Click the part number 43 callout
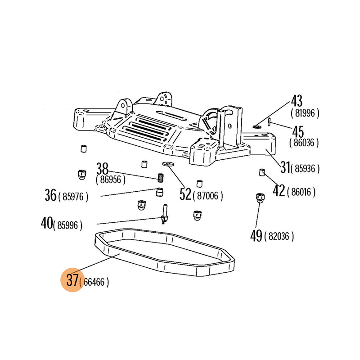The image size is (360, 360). coord(297,101)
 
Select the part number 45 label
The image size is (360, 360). coord(299,132)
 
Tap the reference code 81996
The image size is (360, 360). coord(305,114)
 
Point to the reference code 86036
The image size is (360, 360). coord(304,144)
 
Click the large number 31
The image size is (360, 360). coord(284,167)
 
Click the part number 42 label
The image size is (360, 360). coord(279,190)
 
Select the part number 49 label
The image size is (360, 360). coord(256,235)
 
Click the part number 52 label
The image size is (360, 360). coord(185,194)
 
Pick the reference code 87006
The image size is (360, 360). coord(207,196)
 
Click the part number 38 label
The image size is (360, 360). coord(103,169)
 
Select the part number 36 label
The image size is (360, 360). coord(50,195)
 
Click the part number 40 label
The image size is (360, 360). coord(47,223)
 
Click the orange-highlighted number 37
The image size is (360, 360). coord(72,280)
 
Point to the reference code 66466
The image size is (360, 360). coord(94,283)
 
